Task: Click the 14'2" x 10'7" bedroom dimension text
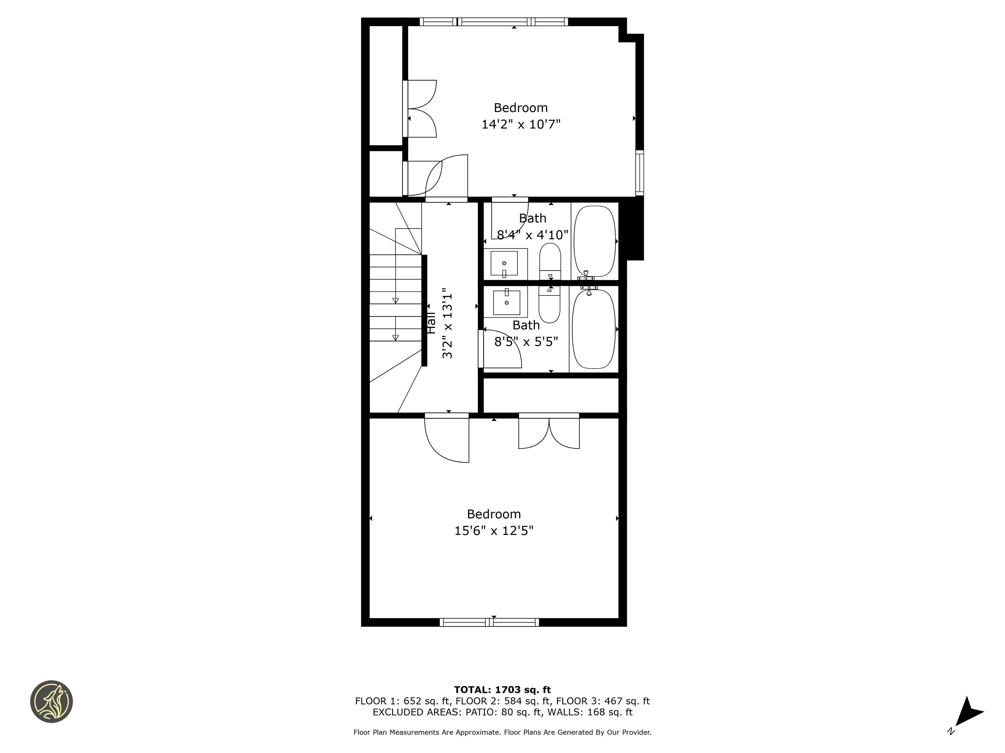[521, 124]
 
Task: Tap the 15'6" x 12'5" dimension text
[494, 530]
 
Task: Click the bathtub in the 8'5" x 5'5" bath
[593, 329]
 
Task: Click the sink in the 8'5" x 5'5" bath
[506, 302]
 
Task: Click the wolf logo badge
[51, 701]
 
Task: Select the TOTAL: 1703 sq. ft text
[502, 690]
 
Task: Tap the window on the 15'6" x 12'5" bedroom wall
[489, 622]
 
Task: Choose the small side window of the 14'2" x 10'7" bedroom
[640, 173]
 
